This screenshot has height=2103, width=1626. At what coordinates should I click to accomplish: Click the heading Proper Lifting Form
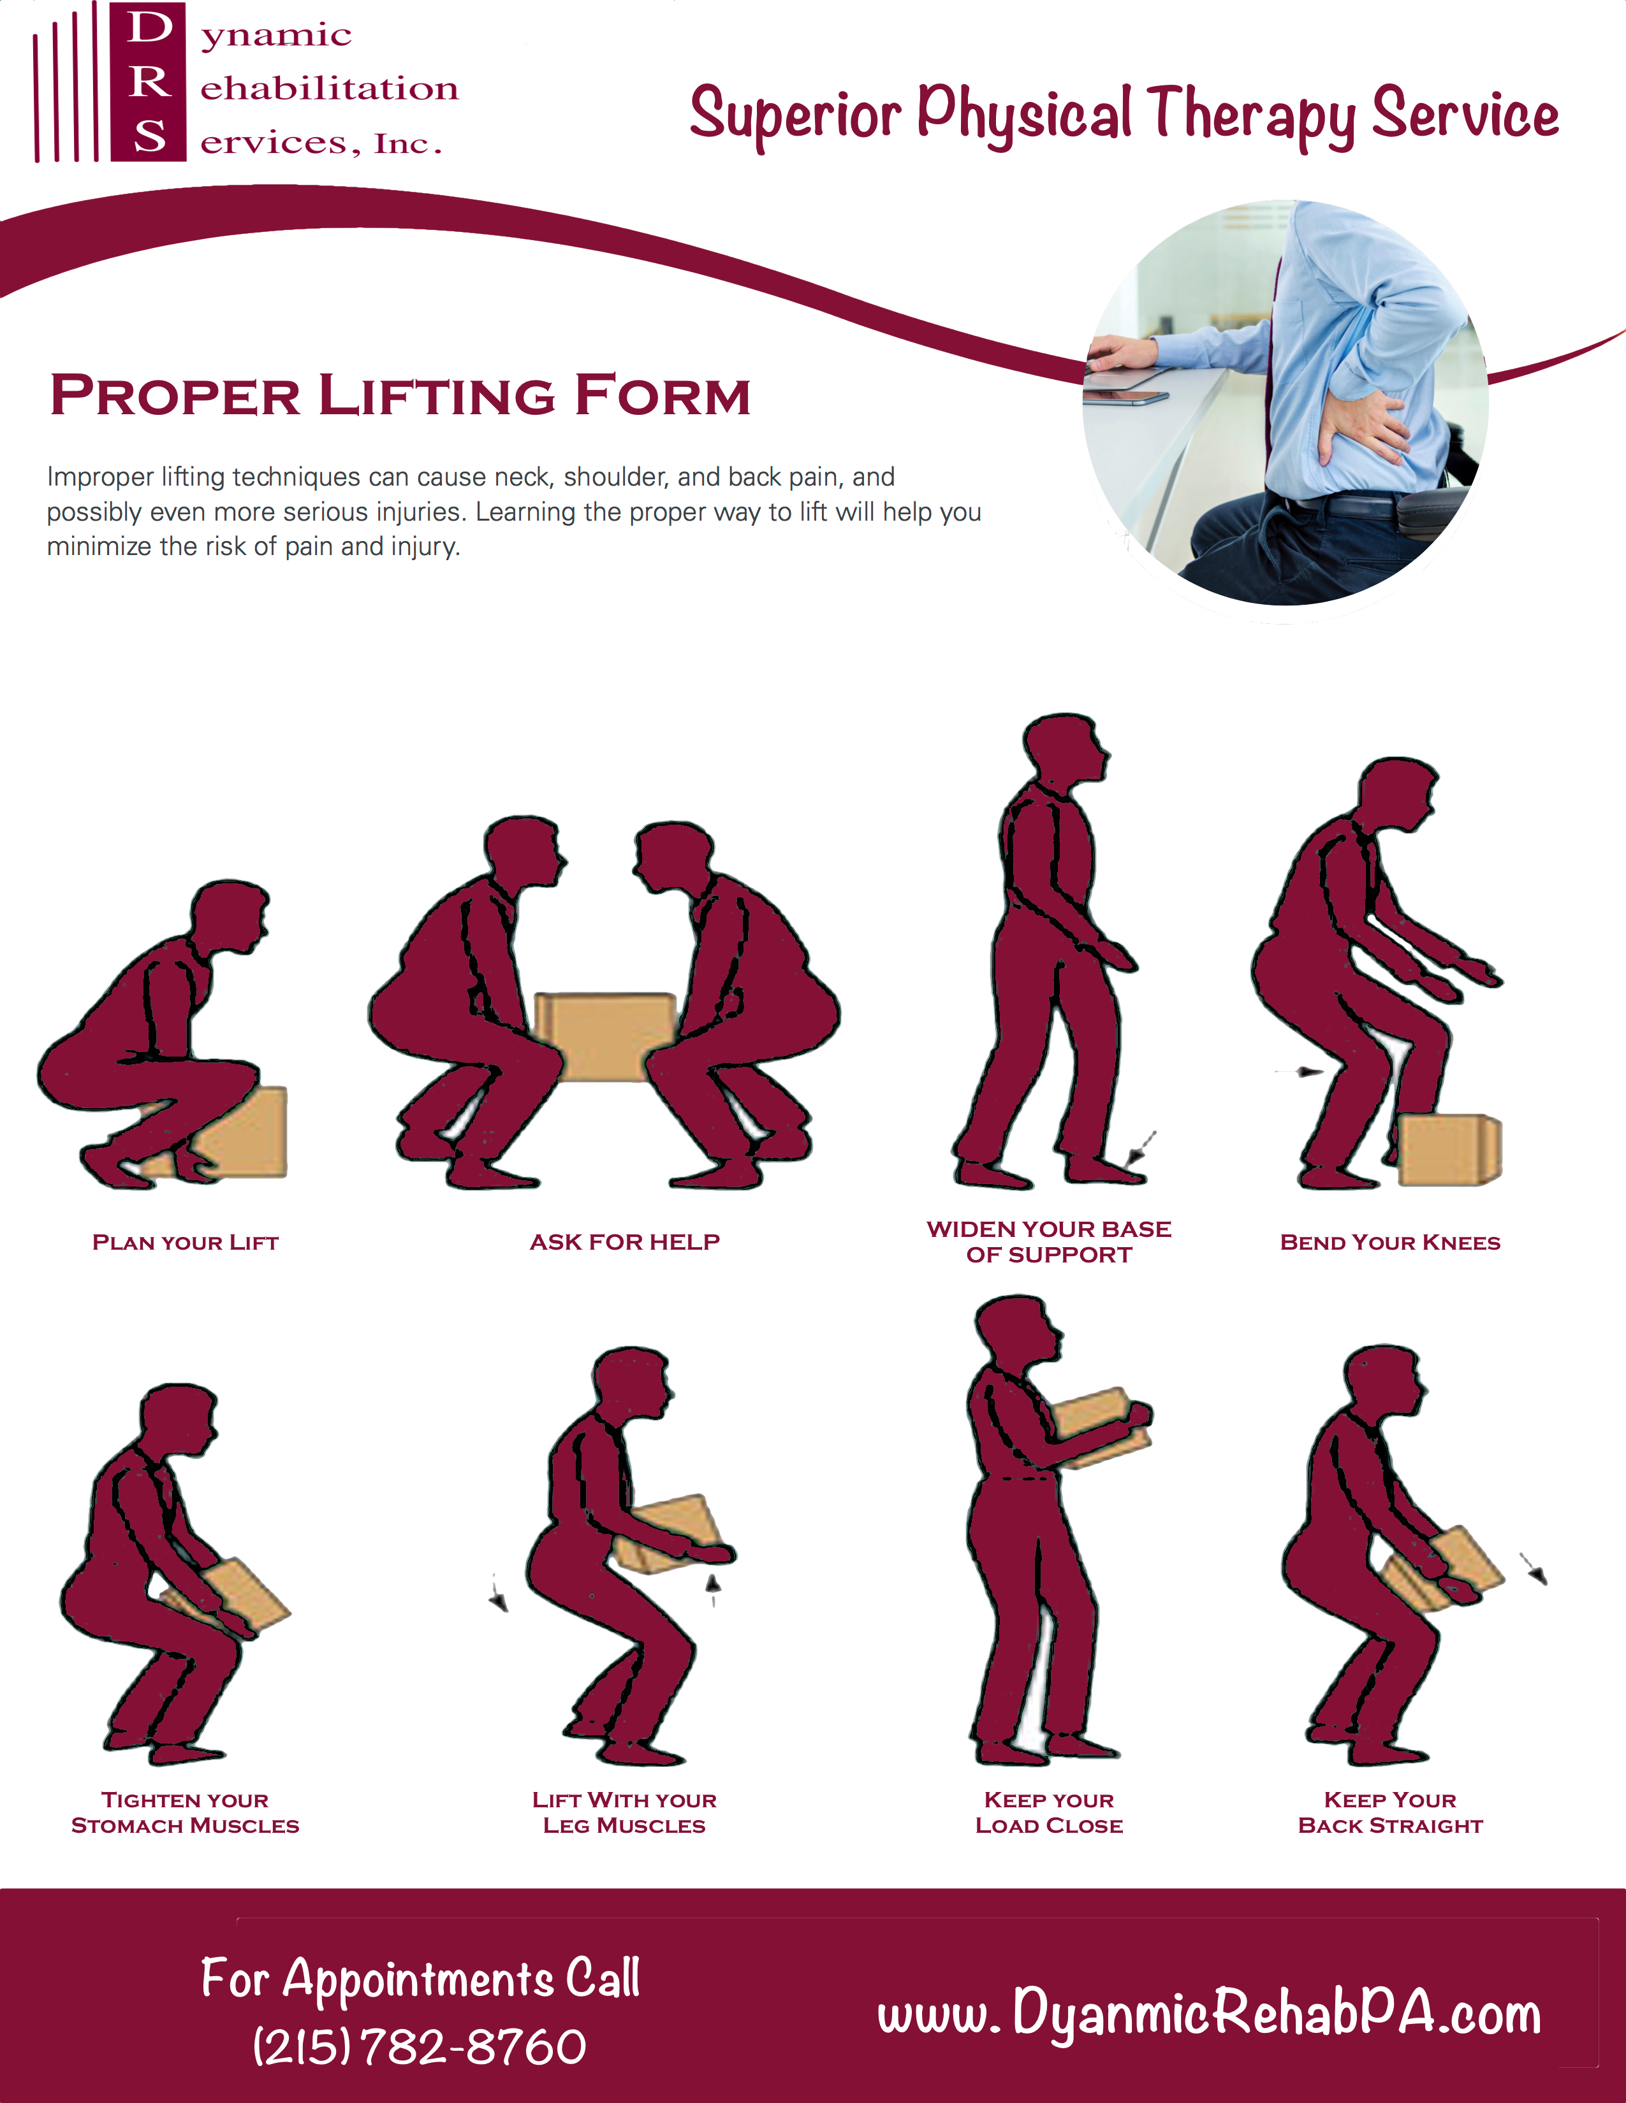pyautogui.click(x=400, y=396)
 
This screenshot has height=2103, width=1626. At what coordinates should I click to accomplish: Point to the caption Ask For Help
pyautogui.click(x=625, y=1242)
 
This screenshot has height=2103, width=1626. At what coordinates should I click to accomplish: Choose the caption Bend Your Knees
pyautogui.click(x=1390, y=1242)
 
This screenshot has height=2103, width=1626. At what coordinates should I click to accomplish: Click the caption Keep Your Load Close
pyautogui.click(x=1049, y=1813)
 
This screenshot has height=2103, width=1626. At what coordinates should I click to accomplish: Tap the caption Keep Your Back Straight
pyautogui.click(x=1390, y=1813)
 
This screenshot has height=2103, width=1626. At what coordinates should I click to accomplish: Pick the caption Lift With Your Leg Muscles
pyautogui.click(x=625, y=1813)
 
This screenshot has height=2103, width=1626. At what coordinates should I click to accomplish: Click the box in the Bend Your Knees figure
pyautogui.click(x=1449, y=1150)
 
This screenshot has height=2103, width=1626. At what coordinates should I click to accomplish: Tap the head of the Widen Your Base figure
pyautogui.click(x=1064, y=749)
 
